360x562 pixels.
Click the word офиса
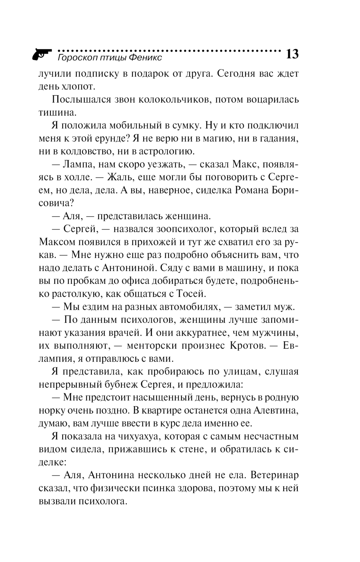click(x=149, y=281)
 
